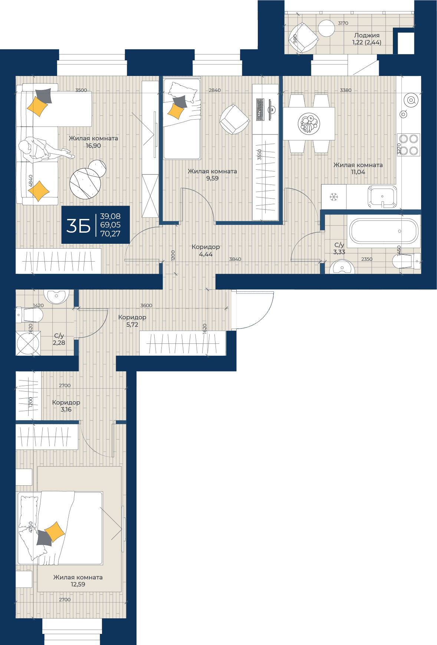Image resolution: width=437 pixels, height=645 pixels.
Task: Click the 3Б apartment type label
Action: point(78,226)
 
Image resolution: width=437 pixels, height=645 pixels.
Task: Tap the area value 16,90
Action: point(93,146)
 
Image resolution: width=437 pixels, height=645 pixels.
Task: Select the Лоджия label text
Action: point(367,36)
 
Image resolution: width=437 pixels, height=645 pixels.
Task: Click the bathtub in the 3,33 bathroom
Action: point(384,231)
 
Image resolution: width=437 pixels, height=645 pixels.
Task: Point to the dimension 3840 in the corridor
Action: point(235,259)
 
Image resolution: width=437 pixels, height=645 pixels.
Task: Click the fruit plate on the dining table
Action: point(309,123)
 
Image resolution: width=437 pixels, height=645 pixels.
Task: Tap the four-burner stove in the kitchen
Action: point(408,144)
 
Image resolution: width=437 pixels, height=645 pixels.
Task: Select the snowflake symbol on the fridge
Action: point(334,197)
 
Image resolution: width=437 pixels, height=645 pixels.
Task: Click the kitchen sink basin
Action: point(382,197)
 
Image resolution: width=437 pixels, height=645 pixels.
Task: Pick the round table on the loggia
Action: point(326,28)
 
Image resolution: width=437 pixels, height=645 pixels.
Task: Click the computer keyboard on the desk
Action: point(260,109)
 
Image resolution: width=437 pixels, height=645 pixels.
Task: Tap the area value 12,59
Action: point(78,584)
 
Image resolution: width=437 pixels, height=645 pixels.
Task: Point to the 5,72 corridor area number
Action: point(132,325)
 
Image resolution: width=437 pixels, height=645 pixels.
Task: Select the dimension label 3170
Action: point(343,23)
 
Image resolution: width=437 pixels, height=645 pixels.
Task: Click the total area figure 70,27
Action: point(110,233)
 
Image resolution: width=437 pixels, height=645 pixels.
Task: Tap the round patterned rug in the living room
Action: point(85,183)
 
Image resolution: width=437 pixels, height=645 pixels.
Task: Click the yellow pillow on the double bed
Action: point(55,532)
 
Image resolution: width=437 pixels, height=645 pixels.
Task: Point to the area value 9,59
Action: point(212,178)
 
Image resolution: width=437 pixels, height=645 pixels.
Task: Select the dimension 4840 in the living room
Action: point(31,181)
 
